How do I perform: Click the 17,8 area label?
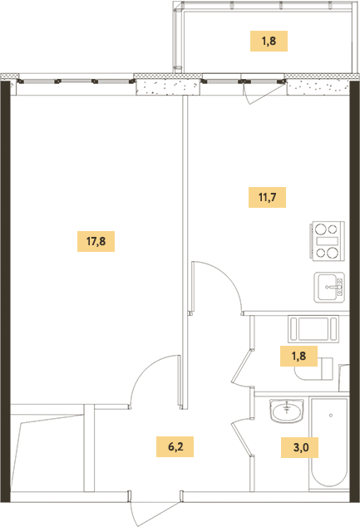coord(96,241)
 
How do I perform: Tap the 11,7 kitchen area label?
coord(267,197)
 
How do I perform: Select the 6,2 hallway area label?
coord(175,446)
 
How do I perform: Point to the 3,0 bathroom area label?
coord(300,447)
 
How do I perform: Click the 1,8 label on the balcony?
coord(269,41)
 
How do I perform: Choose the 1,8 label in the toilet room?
coord(298,356)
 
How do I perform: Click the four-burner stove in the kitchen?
coord(328,241)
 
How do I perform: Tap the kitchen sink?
coord(329,288)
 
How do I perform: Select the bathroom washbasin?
coord(286,411)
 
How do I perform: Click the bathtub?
coord(329,443)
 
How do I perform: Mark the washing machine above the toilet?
coord(313,329)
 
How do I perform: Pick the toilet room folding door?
coord(243,367)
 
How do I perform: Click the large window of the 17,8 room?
coord(76,81)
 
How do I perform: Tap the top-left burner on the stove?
coord(321,229)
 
